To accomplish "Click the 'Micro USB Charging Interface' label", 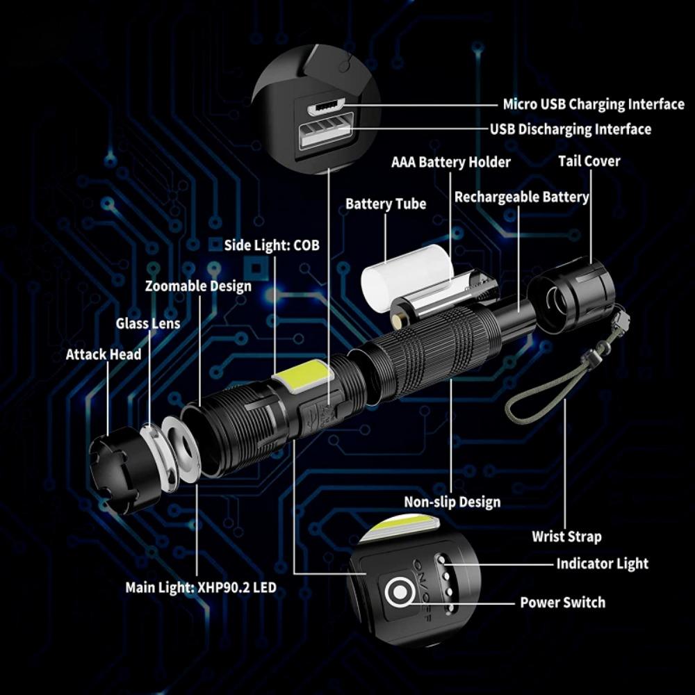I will (593, 104).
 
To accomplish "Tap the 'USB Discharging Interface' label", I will (570, 129).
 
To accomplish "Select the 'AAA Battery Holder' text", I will (450, 162).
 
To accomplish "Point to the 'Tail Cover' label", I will (589, 161).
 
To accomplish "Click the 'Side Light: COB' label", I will (272, 245).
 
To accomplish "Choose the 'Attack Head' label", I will (104, 354).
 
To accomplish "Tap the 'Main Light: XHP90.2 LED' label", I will (200, 588).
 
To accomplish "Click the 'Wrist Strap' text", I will (566, 537).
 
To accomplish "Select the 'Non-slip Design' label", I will (452, 502).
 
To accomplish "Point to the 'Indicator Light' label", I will (602, 564).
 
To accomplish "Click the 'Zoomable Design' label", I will (198, 286).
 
